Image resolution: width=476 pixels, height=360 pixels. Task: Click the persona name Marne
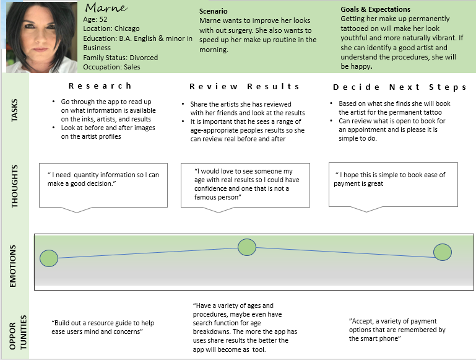pyautogui.click(x=106, y=8)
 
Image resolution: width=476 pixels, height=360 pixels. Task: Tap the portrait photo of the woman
pyautogui.click(x=43, y=37)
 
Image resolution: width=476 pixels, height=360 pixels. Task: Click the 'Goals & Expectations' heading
pyautogui.click(x=375, y=10)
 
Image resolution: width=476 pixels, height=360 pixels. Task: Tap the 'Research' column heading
pyautogui.click(x=100, y=86)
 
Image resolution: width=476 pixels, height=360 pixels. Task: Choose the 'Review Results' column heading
pyautogui.click(x=244, y=87)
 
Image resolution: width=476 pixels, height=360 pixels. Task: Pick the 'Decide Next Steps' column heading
pyautogui.click(x=392, y=87)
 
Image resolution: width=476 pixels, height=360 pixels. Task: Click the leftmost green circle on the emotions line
pyautogui.click(x=49, y=258)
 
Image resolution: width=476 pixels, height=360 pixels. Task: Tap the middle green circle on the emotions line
pyautogui.click(x=247, y=247)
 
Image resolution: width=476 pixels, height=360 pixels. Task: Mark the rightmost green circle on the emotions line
pyautogui.click(x=442, y=252)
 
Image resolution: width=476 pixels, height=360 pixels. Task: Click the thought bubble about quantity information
pyautogui.click(x=103, y=185)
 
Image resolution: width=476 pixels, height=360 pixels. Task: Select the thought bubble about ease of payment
pyautogui.click(x=393, y=184)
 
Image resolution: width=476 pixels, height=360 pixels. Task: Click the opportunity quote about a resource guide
pyautogui.click(x=103, y=328)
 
